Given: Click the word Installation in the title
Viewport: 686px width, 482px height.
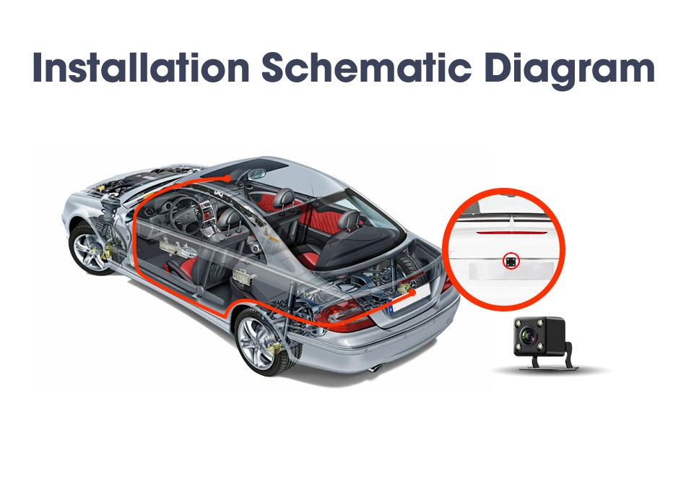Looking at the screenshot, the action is (141, 68).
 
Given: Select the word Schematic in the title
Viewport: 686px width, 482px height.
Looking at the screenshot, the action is (367, 68).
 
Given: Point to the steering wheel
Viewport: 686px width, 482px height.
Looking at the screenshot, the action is (186, 215).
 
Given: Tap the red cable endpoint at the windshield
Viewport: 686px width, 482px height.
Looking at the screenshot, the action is (227, 178).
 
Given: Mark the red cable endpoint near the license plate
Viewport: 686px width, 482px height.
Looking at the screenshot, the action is (412, 292).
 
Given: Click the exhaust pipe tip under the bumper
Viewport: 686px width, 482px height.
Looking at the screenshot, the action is (375, 368).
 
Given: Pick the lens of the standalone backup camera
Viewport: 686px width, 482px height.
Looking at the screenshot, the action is (529, 336).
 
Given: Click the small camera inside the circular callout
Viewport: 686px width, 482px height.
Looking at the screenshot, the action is (511, 261).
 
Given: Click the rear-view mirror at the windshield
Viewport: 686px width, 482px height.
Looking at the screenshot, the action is (256, 174).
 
